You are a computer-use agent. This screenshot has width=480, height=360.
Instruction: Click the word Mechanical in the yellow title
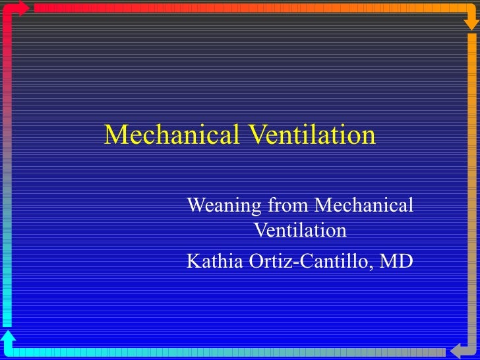[x=173, y=135]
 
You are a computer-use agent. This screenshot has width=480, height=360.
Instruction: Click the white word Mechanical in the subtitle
[x=363, y=206]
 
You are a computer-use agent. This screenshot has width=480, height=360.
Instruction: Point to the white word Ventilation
[x=300, y=231]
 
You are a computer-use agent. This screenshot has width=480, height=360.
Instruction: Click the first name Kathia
[x=215, y=262]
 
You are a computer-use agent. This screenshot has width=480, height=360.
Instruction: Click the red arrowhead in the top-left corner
[x=22, y=8]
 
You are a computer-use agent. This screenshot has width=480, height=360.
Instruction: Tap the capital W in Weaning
[x=196, y=206]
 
